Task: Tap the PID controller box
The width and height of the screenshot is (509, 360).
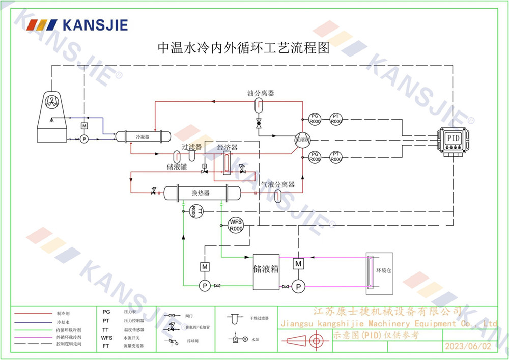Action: (452, 139)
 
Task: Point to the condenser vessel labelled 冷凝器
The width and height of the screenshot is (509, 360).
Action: (142, 137)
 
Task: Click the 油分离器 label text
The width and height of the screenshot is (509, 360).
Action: (261, 93)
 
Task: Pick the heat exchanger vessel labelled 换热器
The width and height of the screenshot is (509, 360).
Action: (201, 193)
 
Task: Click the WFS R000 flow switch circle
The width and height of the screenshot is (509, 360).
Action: (235, 225)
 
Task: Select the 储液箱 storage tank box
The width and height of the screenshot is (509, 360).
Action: (266, 271)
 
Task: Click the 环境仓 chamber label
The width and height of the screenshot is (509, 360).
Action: (384, 271)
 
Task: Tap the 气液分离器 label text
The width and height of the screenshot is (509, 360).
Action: (278, 184)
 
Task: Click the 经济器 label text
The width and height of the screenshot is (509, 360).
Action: (227, 148)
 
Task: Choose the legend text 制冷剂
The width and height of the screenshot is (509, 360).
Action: (62, 314)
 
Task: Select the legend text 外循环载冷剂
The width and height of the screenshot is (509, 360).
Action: (68, 337)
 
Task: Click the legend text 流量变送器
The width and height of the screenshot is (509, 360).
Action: (134, 345)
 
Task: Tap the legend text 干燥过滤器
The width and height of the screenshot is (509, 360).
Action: (260, 318)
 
